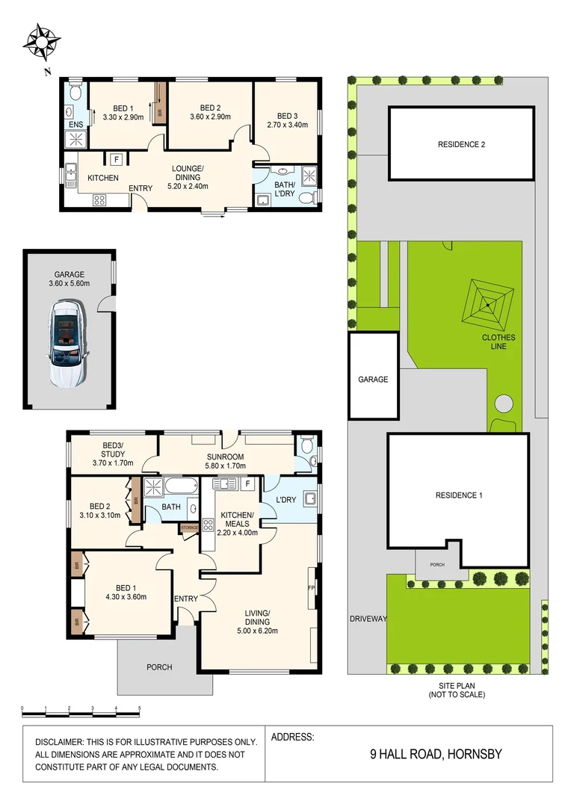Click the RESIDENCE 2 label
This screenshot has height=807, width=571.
(461, 144)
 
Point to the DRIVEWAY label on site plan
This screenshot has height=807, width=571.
(368, 619)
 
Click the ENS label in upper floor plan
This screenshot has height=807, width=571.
(75, 124)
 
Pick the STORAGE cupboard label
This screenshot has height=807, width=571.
(189, 528)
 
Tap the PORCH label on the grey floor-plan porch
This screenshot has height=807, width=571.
(159, 667)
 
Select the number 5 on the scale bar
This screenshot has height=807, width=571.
(139, 708)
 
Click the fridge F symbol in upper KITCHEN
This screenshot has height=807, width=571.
(115, 158)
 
